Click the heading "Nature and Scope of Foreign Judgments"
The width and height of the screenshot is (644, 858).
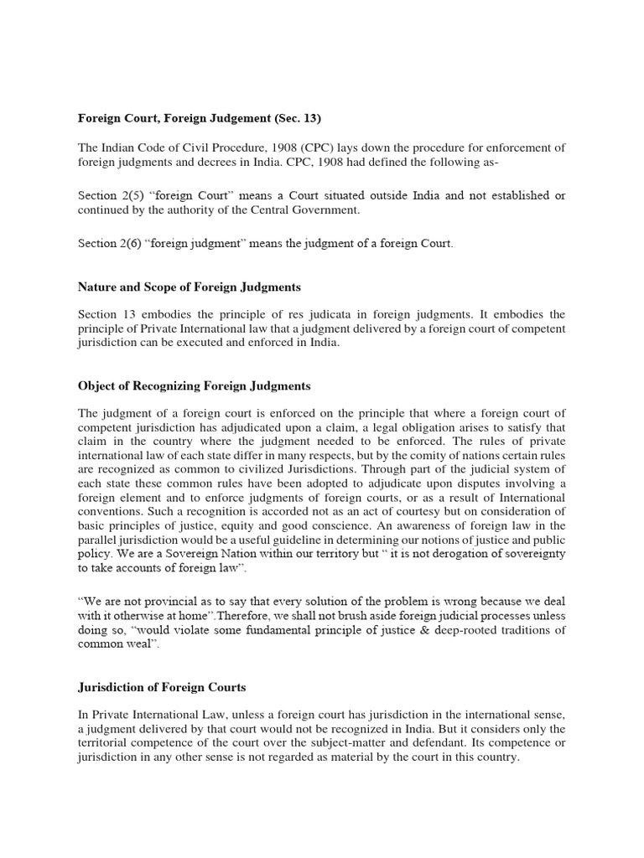click(x=190, y=287)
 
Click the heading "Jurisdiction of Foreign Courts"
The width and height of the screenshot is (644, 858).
click(x=163, y=688)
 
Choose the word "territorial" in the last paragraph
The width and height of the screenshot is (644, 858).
click(x=111, y=746)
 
